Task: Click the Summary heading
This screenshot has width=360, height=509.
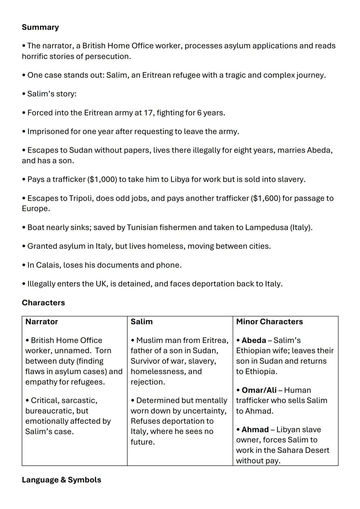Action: coord(40,27)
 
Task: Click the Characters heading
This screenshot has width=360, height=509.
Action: coord(43,303)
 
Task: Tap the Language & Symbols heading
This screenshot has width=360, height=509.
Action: coord(61,480)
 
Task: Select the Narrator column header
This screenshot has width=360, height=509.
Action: coord(42,322)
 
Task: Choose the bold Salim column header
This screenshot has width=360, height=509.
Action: coord(142,322)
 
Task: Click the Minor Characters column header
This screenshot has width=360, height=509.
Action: coord(269,322)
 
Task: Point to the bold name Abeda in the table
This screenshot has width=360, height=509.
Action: coord(254,340)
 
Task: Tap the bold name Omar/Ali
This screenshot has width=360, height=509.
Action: coord(259,390)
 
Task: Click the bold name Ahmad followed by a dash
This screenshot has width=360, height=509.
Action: coord(255,429)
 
